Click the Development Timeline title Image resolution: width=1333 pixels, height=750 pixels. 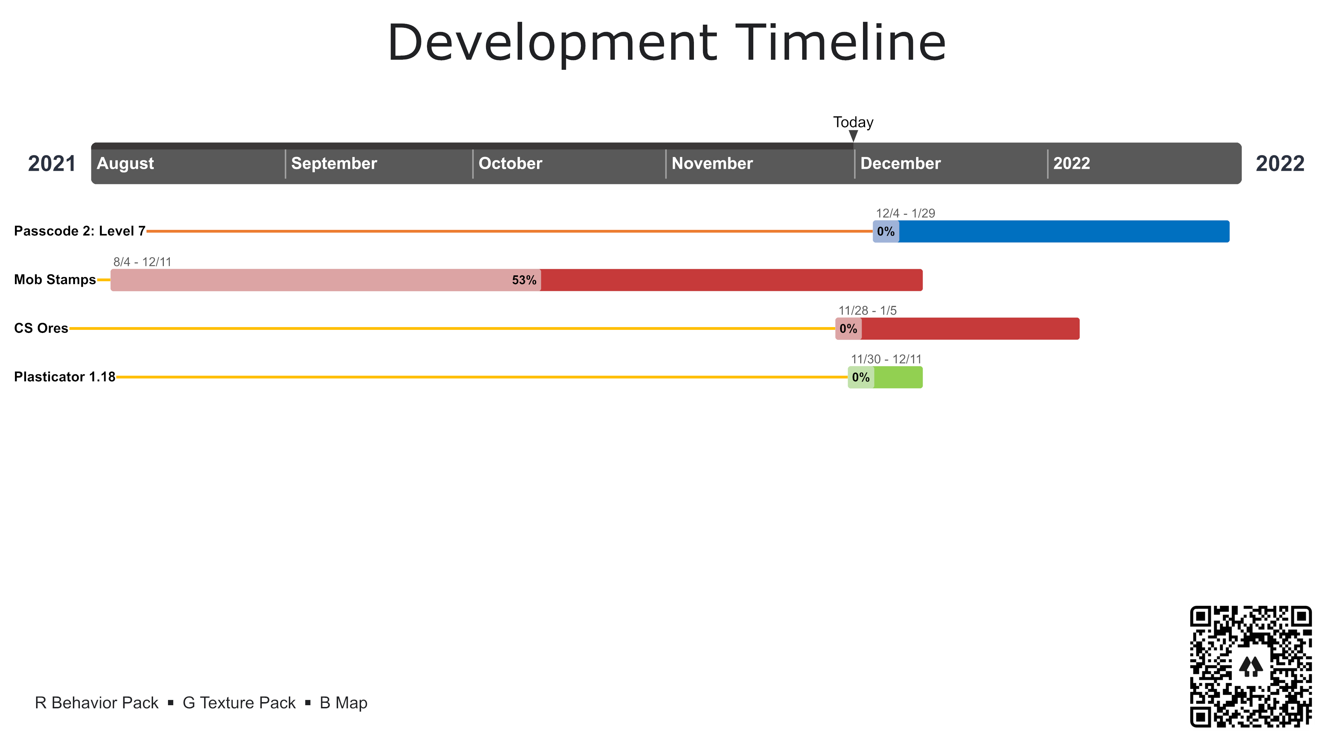tap(666, 43)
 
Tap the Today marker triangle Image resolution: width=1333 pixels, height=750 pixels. tap(853, 136)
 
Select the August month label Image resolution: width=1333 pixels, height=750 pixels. tap(125, 164)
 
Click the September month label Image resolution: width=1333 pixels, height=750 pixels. tap(334, 164)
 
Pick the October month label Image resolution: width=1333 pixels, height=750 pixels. tap(510, 164)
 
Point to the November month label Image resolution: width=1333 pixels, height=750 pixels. tap(712, 164)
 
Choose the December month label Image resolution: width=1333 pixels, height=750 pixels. tap(900, 164)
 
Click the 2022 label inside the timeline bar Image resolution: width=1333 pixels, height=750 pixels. tap(1071, 164)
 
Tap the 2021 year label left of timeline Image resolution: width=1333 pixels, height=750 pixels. tap(52, 164)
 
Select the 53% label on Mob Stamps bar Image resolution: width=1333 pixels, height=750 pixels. tap(524, 280)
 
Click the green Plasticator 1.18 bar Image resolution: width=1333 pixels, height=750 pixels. tap(898, 377)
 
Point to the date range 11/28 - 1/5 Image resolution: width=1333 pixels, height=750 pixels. tap(867, 310)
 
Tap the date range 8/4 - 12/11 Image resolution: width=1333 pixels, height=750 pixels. tap(142, 262)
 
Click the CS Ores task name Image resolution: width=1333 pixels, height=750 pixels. tap(41, 328)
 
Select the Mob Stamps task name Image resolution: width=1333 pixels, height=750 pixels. tap(55, 280)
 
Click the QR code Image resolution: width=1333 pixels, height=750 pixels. tap(1251, 666)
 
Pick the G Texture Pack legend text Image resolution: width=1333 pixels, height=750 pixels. tap(239, 703)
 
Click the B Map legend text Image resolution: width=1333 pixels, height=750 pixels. tap(344, 703)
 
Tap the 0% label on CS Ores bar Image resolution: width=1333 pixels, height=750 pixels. tap(848, 329)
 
